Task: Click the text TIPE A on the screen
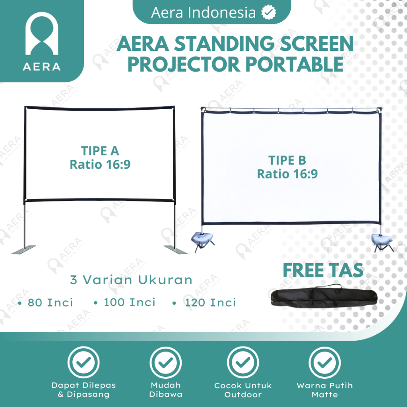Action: pyautogui.click(x=100, y=151)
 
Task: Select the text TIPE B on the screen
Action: pyautogui.click(x=287, y=160)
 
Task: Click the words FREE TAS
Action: pyautogui.click(x=323, y=270)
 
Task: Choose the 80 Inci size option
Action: pyautogui.click(x=50, y=302)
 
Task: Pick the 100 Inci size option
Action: pyautogui.click(x=130, y=302)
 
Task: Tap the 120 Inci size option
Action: pyautogui.click(x=210, y=302)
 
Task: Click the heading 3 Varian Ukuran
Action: pyautogui.click(x=131, y=280)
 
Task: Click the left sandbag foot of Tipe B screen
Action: pyautogui.click(x=202, y=238)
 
